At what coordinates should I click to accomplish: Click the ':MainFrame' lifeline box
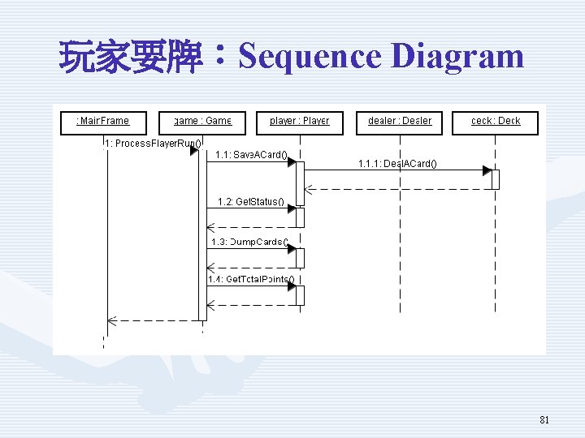[103, 122]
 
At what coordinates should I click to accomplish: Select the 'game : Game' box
[202, 122]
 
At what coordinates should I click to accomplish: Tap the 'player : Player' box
[300, 122]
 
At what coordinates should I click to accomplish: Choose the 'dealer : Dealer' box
[399, 122]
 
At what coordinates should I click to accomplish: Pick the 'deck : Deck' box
[495, 122]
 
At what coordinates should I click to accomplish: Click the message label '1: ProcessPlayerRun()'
[154, 144]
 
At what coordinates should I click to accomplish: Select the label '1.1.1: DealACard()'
[397, 164]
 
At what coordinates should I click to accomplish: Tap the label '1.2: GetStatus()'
[251, 201]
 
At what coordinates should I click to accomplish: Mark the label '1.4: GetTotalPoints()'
[251, 280]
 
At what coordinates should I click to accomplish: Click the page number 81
[544, 420]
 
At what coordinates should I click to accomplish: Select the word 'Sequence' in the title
[310, 57]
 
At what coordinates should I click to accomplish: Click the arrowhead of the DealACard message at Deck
[487, 171]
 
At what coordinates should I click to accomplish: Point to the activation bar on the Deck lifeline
[495, 179]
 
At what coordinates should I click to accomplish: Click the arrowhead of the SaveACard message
[291, 161]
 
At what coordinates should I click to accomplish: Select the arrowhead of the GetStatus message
[291, 208]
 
